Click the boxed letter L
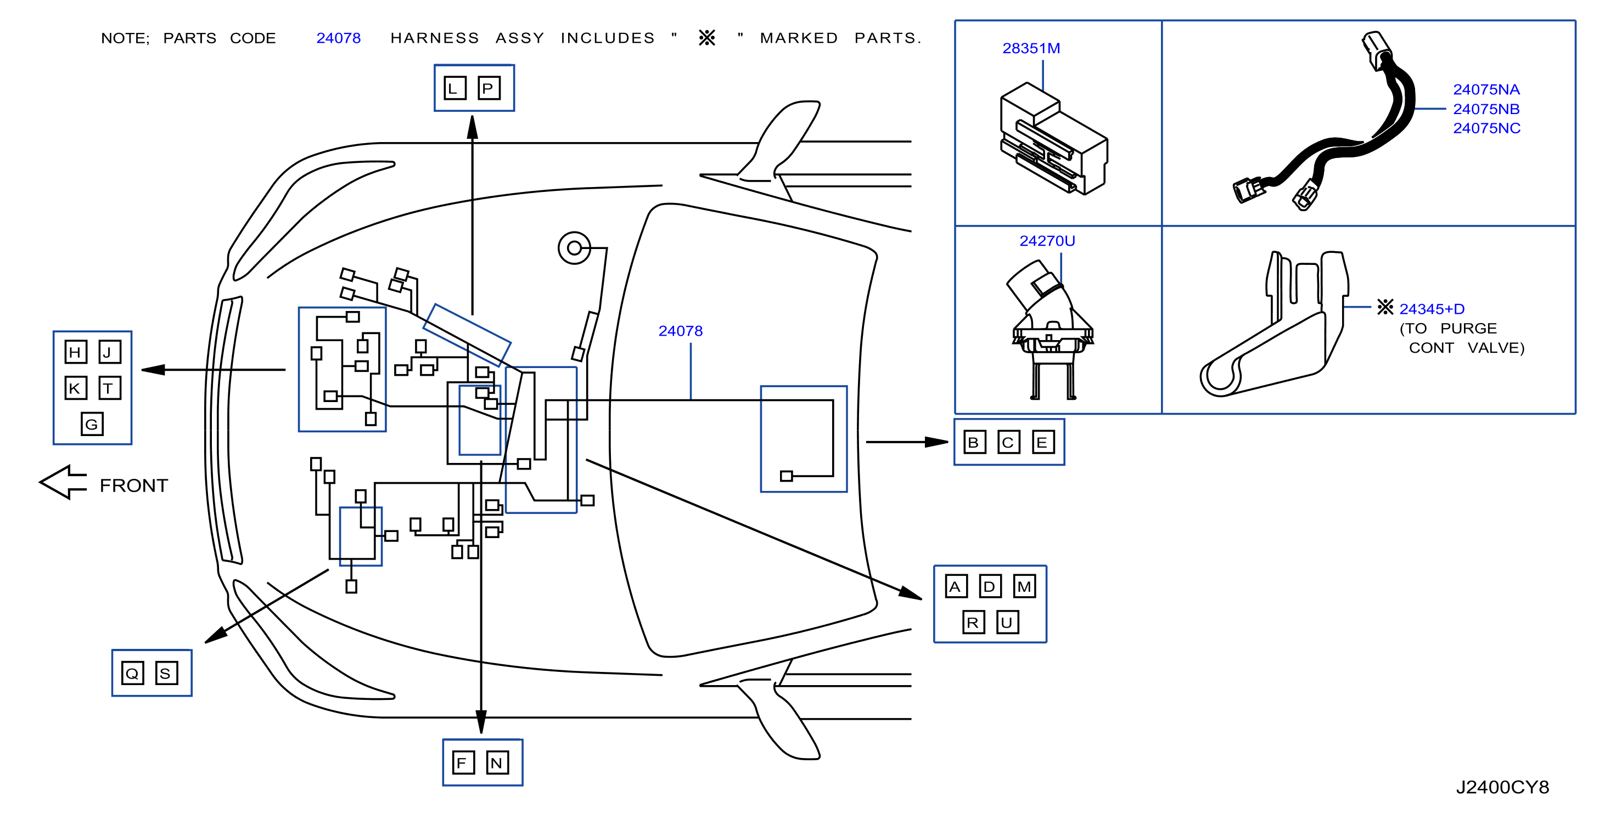click(x=455, y=88)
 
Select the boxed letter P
click(x=489, y=88)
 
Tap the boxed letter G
click(x=92, y=424)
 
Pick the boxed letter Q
click(x=132, y=673)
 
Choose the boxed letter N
click(x=497, y=762)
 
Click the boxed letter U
click(x=1007, y=622)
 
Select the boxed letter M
click(x=1024, y=586)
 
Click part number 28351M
click(x=1031, y=48)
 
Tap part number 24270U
click(x=1047, y=241)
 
